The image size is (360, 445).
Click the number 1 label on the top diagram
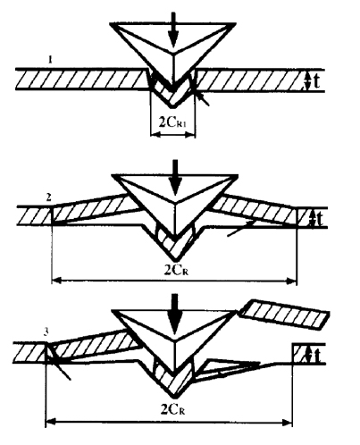point(50,61)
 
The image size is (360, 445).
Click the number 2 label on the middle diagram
point(49,197)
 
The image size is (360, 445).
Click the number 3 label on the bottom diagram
point(46,332)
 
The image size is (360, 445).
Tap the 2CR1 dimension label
point(172,122)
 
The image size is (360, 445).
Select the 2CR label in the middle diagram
point(176,271)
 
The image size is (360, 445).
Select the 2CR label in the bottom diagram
point(172,410)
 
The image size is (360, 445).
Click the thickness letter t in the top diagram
point(316,81)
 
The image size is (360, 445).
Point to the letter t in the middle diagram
point(319,219)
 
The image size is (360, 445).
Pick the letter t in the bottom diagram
point(317,356)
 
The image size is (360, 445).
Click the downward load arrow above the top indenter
point(173,29)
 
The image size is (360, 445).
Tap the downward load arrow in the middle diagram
point(176,178)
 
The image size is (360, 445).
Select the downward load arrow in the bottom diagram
point(174,314)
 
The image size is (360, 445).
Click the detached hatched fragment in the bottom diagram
point(285,315)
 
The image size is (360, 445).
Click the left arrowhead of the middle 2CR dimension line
point(56,281)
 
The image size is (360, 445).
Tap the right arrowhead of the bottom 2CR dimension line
point(287,422)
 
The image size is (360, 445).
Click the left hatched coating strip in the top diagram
point(82,80)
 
